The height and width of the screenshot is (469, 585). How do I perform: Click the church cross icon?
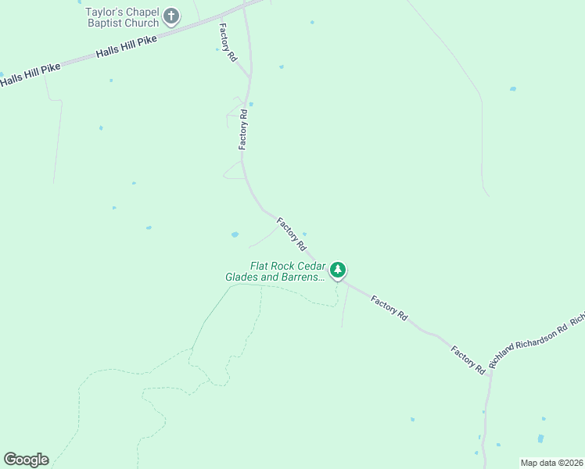tap(171, 16)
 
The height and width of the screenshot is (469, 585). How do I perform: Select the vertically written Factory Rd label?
tap(243, 130)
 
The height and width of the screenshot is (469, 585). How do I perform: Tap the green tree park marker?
tap(338, 270)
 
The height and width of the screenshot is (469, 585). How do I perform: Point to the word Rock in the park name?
tap(286, 266)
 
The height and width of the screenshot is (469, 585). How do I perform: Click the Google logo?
tap(26, 460)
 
